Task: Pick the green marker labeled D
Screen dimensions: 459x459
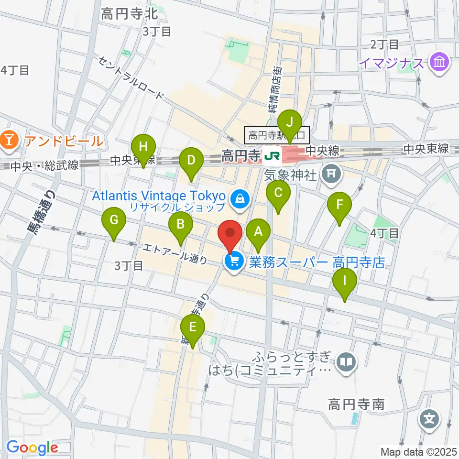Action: (x=191, y=160)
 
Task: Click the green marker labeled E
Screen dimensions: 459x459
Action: (x=193, y=328)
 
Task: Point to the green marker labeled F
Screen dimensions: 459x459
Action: (x=339, y=206)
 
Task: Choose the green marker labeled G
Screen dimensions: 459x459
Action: (x=114, y=220)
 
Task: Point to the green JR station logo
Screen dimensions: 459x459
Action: (x=272, y=155)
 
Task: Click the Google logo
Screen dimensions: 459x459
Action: (x=32, y=448)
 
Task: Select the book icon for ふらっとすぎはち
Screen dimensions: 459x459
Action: (x=346, y=362)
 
